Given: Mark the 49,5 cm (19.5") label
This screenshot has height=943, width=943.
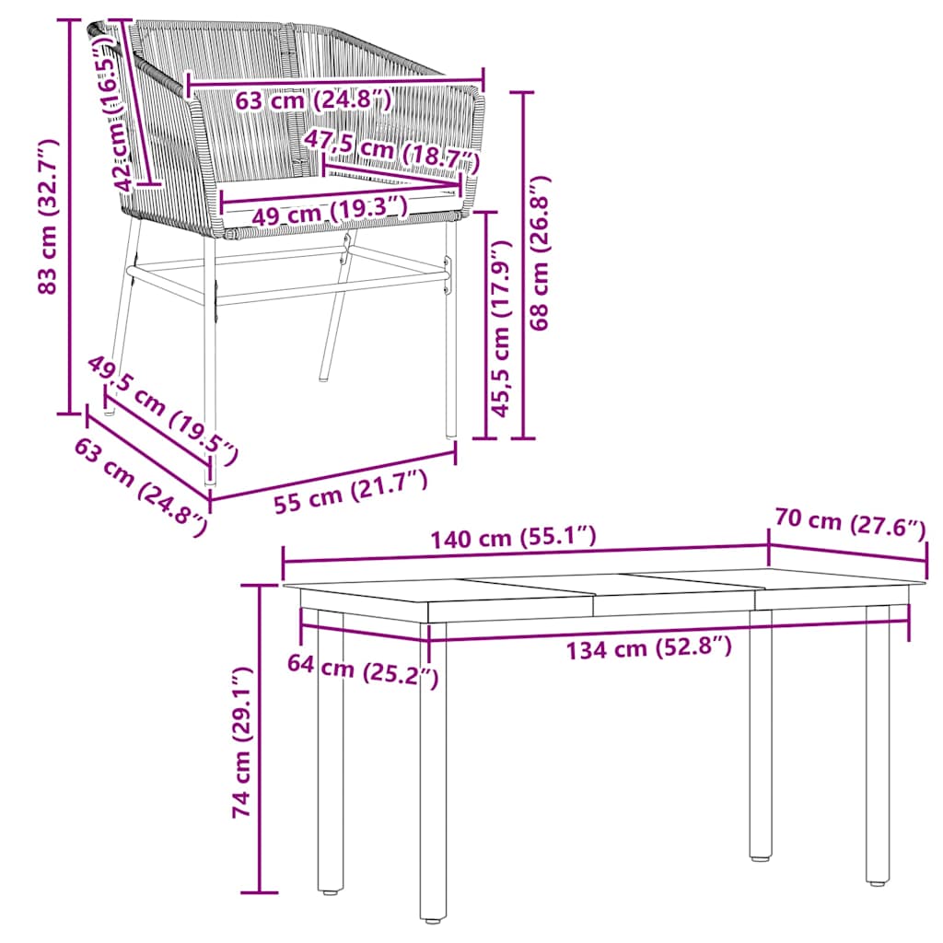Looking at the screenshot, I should [x=163, y=408].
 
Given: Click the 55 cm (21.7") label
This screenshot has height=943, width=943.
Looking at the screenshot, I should [x=350, y=492].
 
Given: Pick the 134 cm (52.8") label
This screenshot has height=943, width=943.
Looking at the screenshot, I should [x=648, y=648].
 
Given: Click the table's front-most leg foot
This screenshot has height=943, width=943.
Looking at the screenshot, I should [x=431, y=916].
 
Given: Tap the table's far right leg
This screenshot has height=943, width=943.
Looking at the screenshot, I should [x=877, y=746].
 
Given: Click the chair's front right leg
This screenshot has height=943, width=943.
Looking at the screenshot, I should [x=450, y=341].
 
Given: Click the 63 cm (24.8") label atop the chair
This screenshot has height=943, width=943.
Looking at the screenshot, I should [x=313, y=99].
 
